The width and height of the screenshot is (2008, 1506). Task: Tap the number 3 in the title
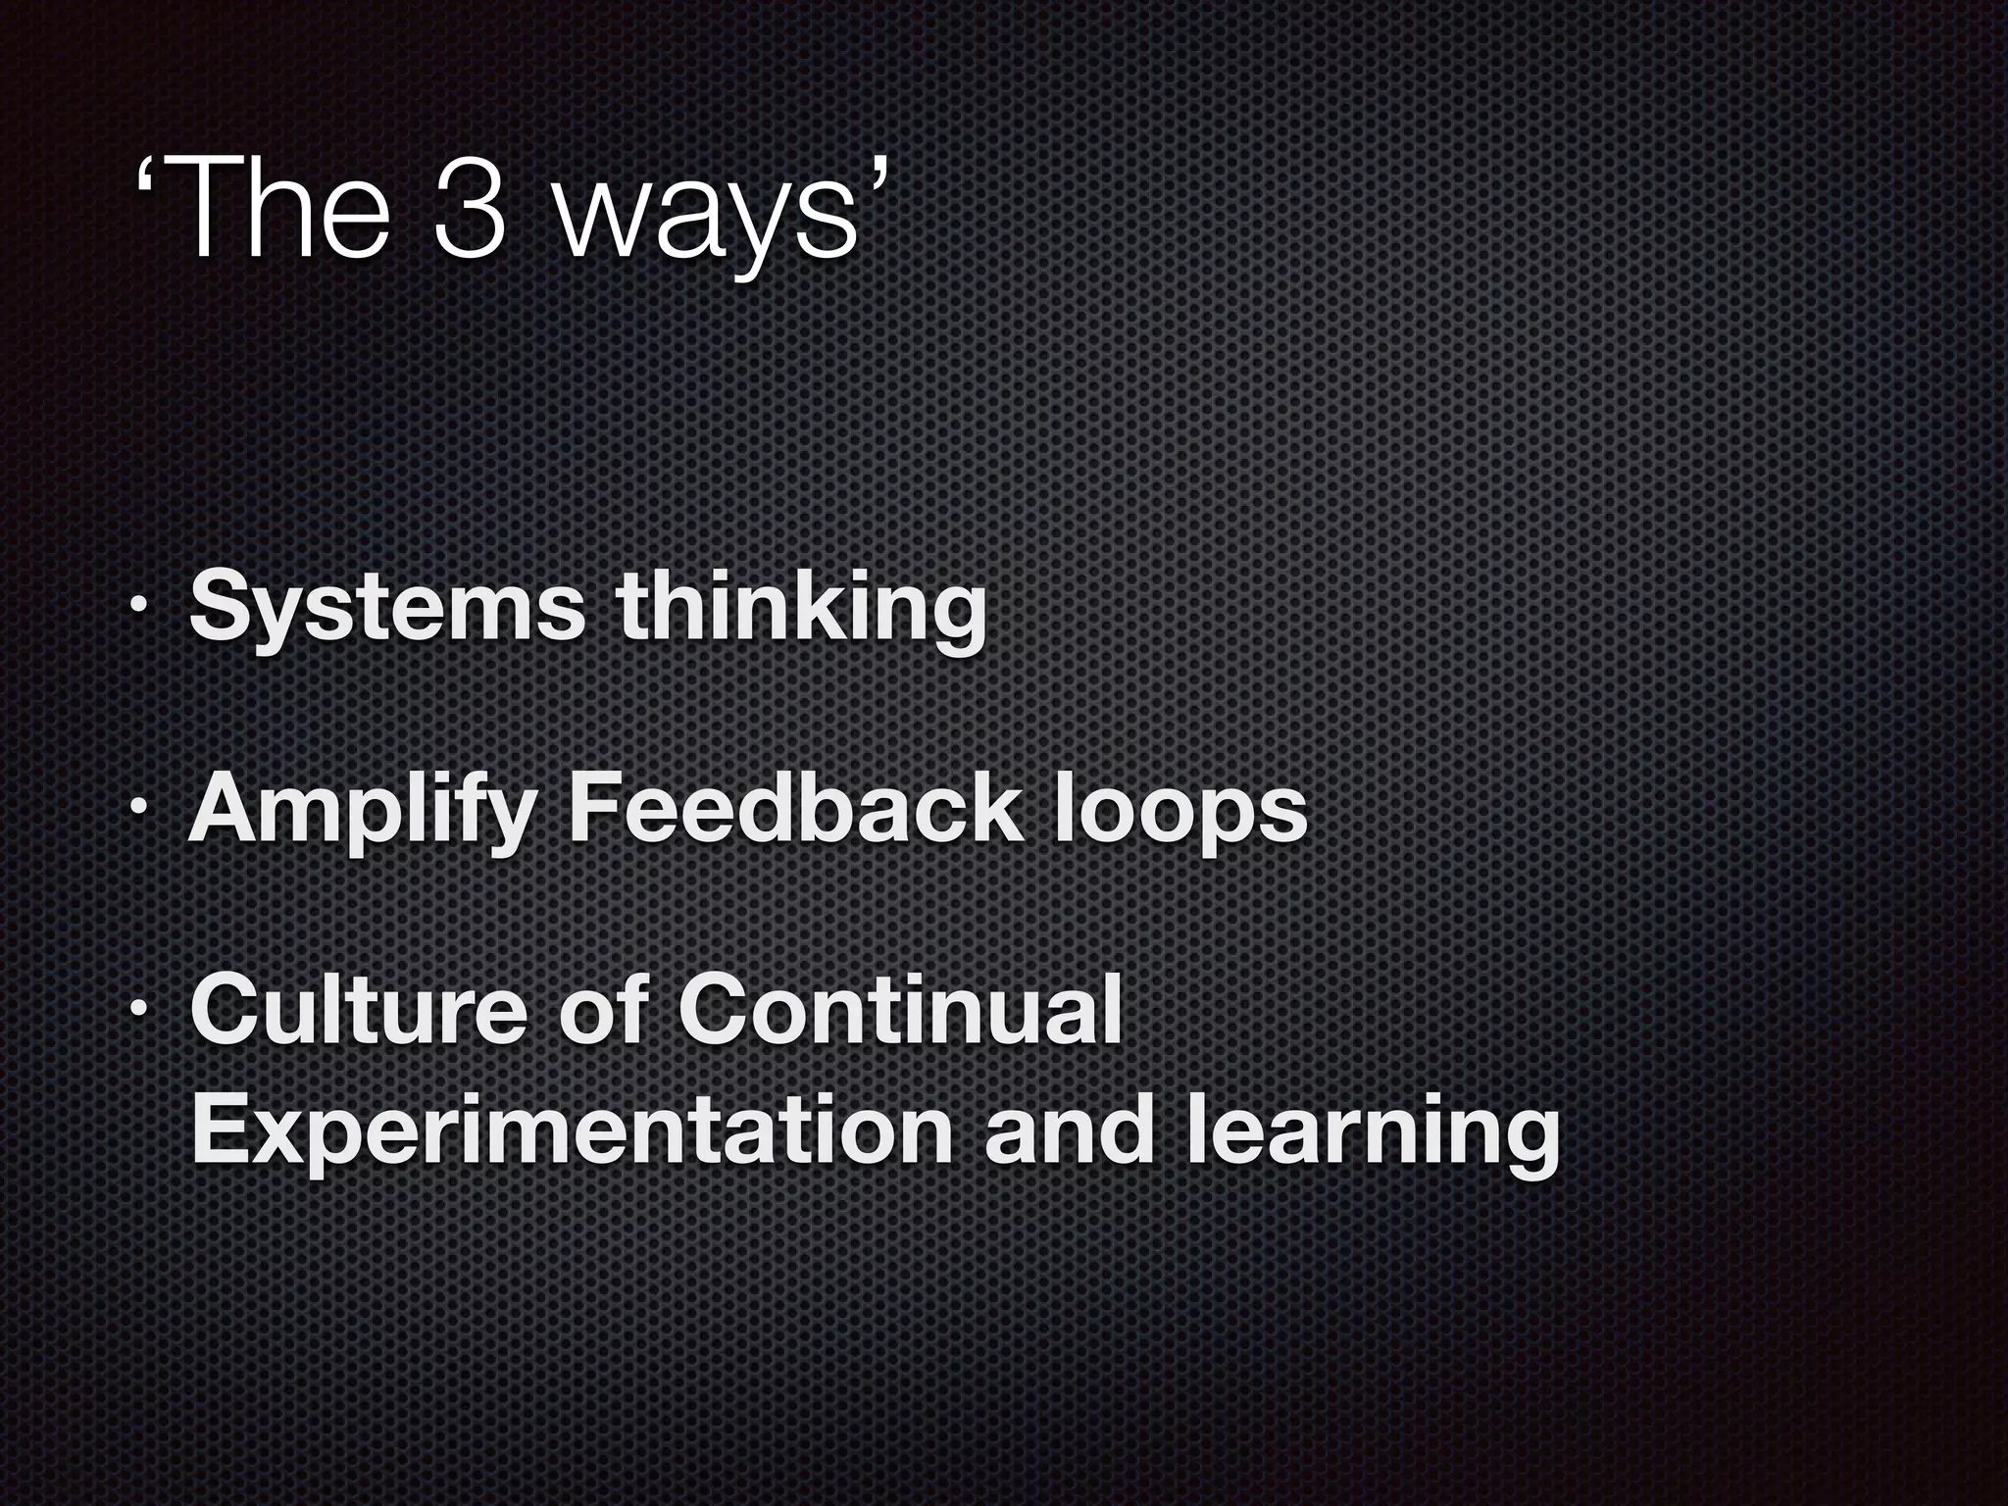470,208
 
